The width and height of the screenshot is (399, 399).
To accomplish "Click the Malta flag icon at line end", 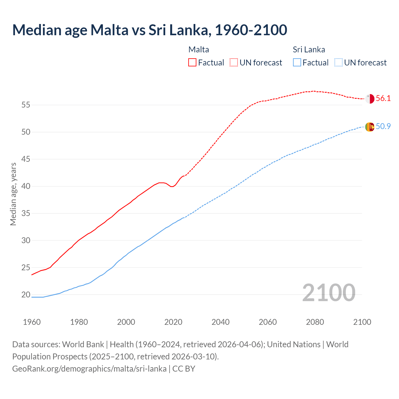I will (370, 99).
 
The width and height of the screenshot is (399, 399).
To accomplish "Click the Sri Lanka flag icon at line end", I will (370, 127).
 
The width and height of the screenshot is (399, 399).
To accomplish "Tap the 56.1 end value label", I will (383, 99).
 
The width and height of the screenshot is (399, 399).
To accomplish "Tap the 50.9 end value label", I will (383, 127).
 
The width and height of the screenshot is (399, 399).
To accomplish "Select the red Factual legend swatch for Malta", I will (192, 63).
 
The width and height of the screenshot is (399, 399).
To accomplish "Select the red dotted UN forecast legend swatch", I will (234, 63).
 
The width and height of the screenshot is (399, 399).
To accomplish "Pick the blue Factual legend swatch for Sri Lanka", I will (297, 63).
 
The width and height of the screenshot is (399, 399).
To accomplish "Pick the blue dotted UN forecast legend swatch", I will (339, 63).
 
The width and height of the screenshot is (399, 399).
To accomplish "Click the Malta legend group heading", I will (199, 50).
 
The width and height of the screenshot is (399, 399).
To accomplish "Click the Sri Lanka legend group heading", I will (309, 50).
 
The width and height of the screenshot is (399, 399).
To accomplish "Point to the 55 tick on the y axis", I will (26, 105).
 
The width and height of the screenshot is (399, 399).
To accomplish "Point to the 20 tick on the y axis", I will (26, 295).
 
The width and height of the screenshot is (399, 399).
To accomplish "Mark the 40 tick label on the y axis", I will (26, 186).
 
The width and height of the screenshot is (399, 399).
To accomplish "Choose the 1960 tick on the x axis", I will (32, 322).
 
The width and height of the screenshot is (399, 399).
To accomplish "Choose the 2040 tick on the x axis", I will (220, 322).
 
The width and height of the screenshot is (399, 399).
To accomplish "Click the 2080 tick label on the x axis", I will (315, 322).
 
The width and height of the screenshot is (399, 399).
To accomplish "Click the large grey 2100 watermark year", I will (329, 293).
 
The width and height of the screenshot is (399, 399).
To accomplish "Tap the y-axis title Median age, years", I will (13, 194).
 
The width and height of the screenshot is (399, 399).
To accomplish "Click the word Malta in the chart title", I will (109, 30).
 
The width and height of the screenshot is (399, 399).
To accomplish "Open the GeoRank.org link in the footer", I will (89, 369).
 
